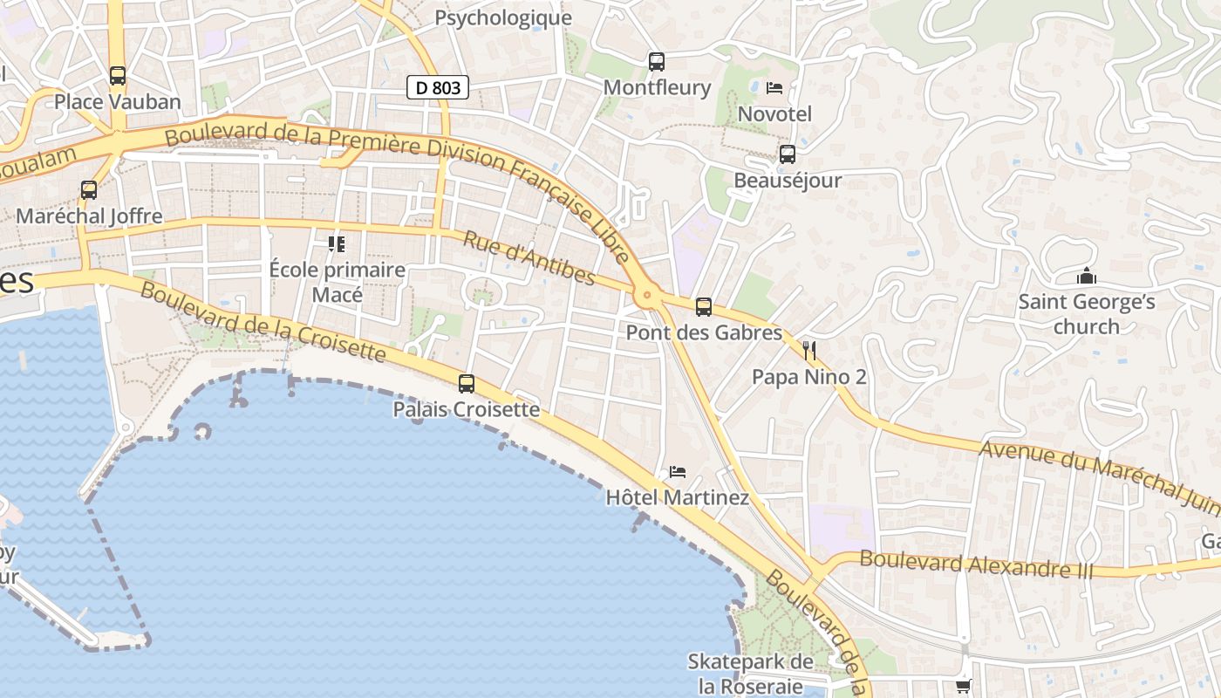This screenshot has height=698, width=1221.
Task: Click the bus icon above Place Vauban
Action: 118,76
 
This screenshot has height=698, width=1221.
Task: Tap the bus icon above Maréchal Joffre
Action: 88,189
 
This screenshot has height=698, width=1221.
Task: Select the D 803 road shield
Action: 438,87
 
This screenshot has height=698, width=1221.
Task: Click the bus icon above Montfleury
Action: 657,62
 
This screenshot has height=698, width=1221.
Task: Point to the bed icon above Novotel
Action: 774,88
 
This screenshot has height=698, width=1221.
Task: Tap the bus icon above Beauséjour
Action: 788,154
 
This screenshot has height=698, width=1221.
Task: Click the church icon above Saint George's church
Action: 1087,277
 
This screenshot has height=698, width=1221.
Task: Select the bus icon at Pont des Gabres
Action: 704,307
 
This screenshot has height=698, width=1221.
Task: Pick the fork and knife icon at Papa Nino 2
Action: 809,351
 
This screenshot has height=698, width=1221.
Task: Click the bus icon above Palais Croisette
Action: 467,383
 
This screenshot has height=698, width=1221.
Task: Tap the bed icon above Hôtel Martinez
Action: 678,472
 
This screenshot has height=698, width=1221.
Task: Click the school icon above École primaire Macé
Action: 337,243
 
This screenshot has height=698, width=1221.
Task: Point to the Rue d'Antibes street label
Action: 529,258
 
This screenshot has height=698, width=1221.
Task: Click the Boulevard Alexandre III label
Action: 976,564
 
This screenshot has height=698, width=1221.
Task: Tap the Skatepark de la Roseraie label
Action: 750,674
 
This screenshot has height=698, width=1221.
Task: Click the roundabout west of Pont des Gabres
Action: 646,296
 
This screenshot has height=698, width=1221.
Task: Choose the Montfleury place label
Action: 657,87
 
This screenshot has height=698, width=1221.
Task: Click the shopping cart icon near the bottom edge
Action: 963,687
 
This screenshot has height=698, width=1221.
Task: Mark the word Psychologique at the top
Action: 503,17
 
